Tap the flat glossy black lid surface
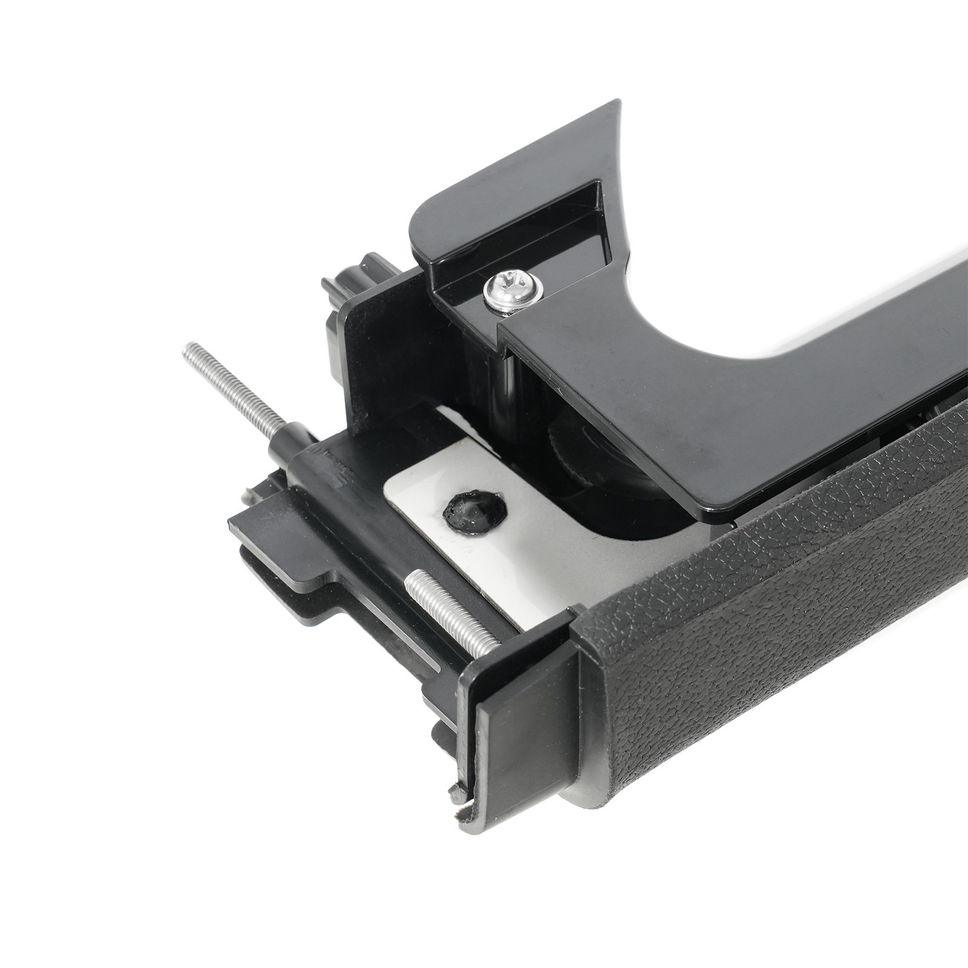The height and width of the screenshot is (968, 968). click(696, 411)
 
